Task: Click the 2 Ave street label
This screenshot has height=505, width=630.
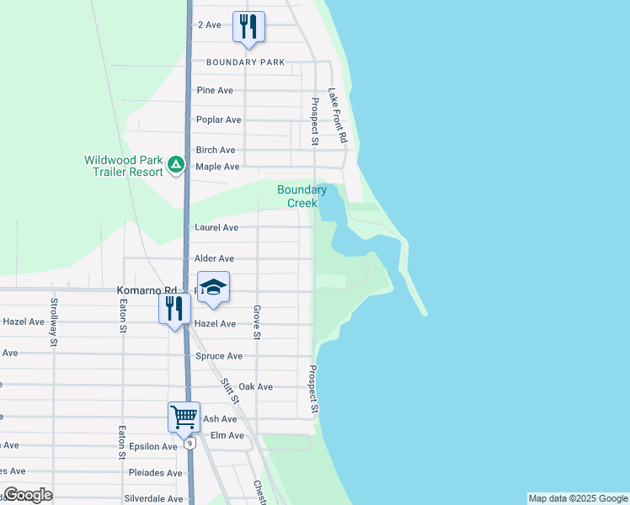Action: click(x=209, y=25)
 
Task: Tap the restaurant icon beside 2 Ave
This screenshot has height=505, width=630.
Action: click(x=248, y=26)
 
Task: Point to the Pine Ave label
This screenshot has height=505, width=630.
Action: click(x=214, y=90)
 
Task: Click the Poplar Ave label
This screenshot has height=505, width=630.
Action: click(x=218, y=120)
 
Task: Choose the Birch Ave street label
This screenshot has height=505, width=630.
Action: click(x=216, y=150)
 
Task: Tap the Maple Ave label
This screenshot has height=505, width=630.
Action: click(x=217, y=167)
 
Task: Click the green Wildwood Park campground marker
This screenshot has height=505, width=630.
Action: click(x=176, y=164)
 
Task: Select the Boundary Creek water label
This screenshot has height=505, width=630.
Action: click(x=302, y=196)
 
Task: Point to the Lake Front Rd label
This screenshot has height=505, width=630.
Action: click(x=339, y=116)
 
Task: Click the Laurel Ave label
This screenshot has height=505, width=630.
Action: click(x=216, y=227)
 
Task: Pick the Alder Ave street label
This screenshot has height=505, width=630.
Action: click(x=214, y=258)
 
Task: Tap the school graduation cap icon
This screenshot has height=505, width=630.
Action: click(x=214, y=288)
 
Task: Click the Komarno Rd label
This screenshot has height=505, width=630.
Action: click(x=141, y=290)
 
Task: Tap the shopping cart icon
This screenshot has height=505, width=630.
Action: click(x=184, y=416)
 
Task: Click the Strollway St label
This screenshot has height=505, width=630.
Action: click(x=54, y=322)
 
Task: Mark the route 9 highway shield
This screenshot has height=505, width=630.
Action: click(x=191, y=443)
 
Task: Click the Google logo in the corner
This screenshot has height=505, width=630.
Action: click(x=28, y=495)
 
